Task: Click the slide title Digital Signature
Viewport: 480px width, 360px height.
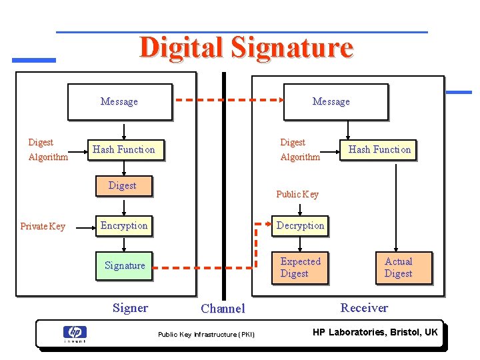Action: coord(246,48)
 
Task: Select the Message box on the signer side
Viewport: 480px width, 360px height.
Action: coord(120,101)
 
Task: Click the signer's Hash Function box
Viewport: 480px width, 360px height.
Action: coord(125,149)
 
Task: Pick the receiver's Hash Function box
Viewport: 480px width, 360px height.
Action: coord(379,149)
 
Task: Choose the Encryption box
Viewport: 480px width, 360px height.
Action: coord(124,225)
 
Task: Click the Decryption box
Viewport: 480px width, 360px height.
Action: coord(300,225)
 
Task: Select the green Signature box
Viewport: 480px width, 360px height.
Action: coord(125,265)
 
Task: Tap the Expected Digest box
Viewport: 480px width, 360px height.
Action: coord(300,267)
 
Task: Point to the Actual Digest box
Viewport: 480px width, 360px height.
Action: coord(398,267)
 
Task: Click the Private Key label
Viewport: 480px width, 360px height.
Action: coord(43,226)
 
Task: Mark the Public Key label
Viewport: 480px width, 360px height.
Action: coord(297,194)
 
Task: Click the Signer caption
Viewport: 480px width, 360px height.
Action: coord(130,307)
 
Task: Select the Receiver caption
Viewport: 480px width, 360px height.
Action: coord(364,307)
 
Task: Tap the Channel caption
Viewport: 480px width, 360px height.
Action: coord(223,309)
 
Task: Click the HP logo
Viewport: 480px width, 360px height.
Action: coord(75,333)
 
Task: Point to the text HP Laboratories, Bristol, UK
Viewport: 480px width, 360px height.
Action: coord(375,332)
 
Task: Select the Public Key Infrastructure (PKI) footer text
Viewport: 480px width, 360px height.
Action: coord(206,334)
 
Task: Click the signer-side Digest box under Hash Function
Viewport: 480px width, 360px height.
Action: coord(123,185)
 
